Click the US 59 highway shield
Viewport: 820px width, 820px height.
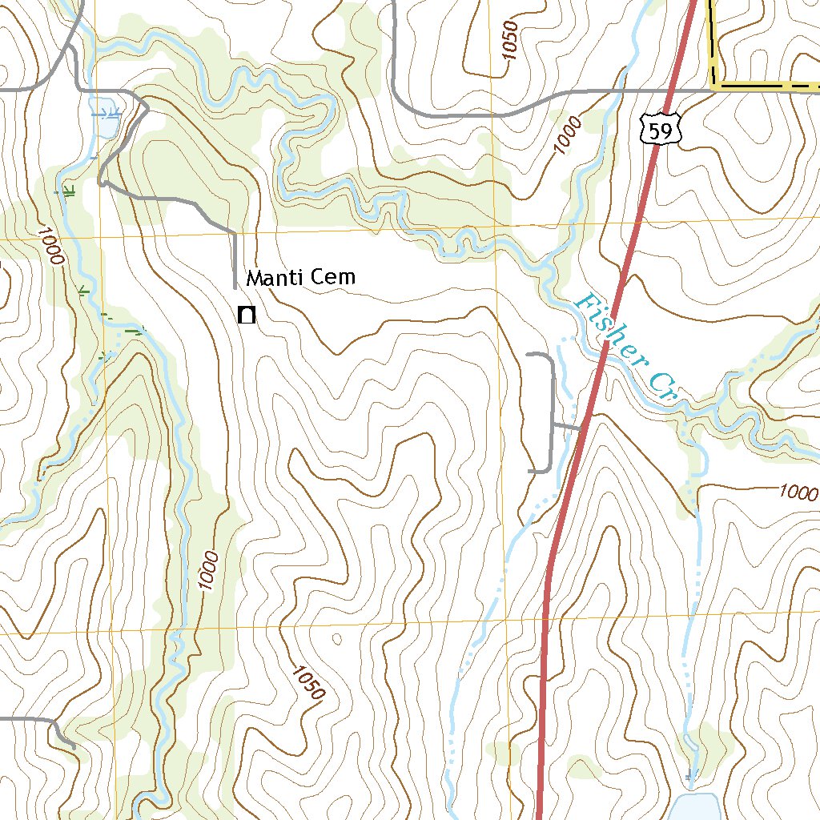point(661,130)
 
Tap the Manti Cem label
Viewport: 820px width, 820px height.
point(299,278)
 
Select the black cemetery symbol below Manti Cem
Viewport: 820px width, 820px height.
point(247,315)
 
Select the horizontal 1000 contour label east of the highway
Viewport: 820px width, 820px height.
point(798,492)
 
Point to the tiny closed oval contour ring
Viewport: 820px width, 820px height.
point(336,638)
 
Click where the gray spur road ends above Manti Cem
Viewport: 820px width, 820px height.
point(235,287)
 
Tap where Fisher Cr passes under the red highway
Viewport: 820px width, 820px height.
point(602,353)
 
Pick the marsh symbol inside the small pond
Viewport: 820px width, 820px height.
point(112,110)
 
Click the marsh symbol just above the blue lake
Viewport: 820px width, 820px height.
point(691,774)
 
